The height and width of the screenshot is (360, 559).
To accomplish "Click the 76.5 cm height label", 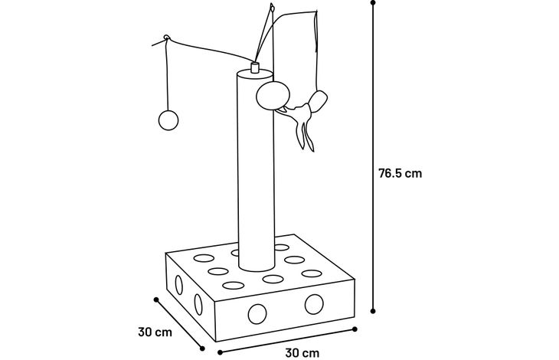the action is click(x=400, y=174).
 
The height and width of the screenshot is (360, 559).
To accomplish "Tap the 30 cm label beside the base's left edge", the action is click(x=155, y=332).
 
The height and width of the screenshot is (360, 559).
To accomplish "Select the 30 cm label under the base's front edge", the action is click(x=302, y=353).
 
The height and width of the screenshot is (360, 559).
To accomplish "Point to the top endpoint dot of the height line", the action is click(x=373, y=2).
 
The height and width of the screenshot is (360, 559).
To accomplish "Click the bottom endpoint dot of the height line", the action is click(x=373, y=311).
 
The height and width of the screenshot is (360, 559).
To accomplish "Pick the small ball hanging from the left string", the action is click(x=168, y=120).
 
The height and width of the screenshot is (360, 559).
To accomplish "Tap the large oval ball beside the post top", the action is click(x=273, y=95).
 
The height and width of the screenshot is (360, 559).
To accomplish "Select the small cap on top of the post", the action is click(x=254, y=67).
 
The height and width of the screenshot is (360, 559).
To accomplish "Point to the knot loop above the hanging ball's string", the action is click(x=166, y=37).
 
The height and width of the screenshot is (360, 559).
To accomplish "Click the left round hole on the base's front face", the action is click(x=257, y=314).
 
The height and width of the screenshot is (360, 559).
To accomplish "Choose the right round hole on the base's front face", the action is click(x=314, y=304).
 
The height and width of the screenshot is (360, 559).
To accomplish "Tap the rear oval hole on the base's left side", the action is click(x=179, y=285).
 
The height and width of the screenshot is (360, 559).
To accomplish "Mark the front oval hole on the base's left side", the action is click(x=198, y=305).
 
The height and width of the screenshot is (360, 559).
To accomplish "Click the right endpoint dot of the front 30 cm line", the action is click(x=355, y=329).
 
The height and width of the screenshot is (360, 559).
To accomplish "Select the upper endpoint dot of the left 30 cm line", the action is click(x=155, y=299).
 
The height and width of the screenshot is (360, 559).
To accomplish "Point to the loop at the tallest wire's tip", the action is click(x=272, y=7).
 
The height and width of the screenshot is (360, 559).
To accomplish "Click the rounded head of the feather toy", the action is click(x=319, y=101).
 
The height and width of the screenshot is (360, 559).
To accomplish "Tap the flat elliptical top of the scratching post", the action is click(x=254, y=74).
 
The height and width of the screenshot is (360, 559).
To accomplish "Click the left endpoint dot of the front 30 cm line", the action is click(x=220, y=352).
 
